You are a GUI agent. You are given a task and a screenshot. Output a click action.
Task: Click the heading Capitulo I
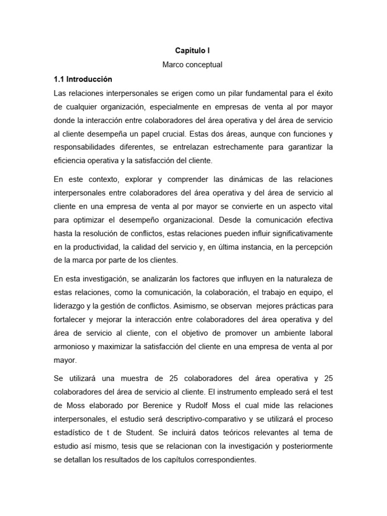[193, 51]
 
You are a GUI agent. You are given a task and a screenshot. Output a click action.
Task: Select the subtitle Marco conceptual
[193, 65]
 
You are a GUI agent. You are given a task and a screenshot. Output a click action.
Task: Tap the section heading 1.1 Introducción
[83, 79]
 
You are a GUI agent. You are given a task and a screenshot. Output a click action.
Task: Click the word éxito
[322, 93]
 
